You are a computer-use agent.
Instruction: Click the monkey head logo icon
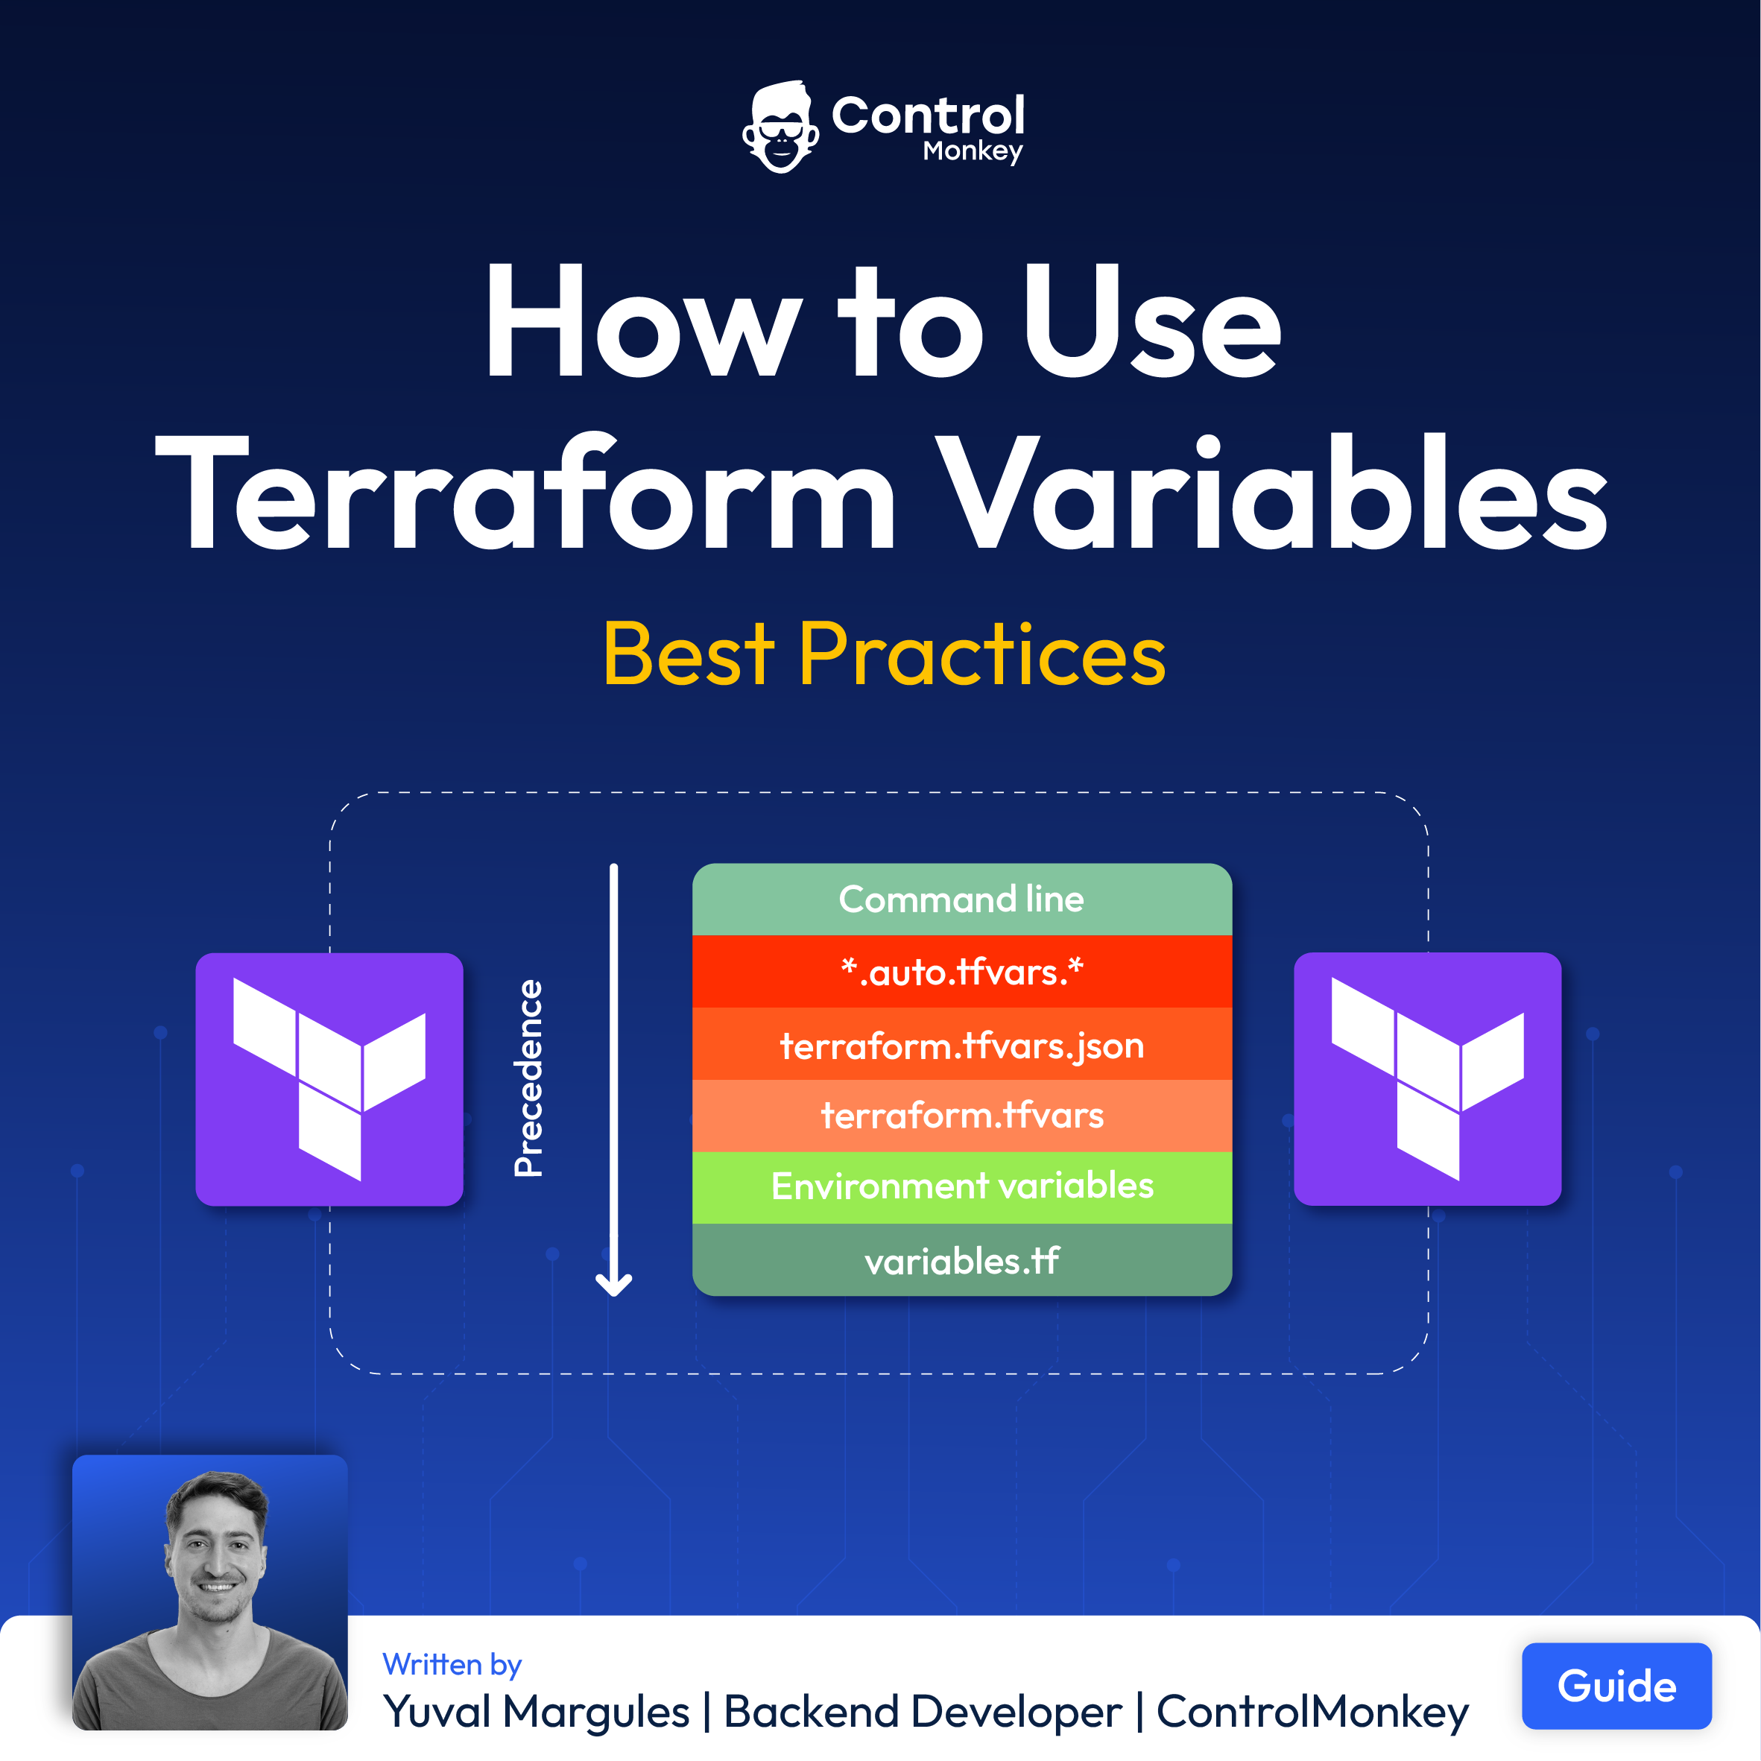pyautogui.click(x=780, y=127)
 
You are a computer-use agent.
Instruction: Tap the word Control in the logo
pyautogui.click(x=928, y=116)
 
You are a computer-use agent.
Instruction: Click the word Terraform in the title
pyautogui.click(x=526, y=493)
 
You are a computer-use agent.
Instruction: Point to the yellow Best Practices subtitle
pyautogui.click(x=884, y=654)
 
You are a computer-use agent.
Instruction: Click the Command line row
pyautogui.click(x=961, y=900)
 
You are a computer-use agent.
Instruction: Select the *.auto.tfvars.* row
pyautogui.click(x=961, y=972)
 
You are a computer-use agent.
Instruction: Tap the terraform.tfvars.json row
pyautogui.click(x=961, y=1043)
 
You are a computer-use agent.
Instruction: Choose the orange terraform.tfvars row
pyautogui.click(x=961, y=1116)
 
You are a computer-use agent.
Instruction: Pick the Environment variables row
pyautogui.click(x=961, y=1186)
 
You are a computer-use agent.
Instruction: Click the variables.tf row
pyautogui.click(x=961, y=1259)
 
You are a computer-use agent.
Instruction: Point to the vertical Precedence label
pyautogui.click(x=528, y=1078)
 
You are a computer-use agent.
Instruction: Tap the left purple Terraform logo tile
pyautogui.click(x=329, y=1079)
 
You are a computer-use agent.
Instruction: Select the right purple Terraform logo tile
pyautogui.click(x=1427, y=1079)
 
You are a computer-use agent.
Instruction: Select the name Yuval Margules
pyautogui.click(x=536, y=1712)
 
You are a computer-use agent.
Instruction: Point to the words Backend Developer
pyautogui.click(x=923, y=1712)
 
